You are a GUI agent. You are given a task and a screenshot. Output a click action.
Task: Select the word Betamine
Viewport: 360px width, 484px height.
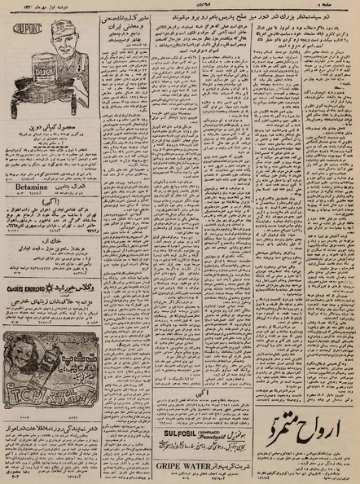[x=29, y=207]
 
